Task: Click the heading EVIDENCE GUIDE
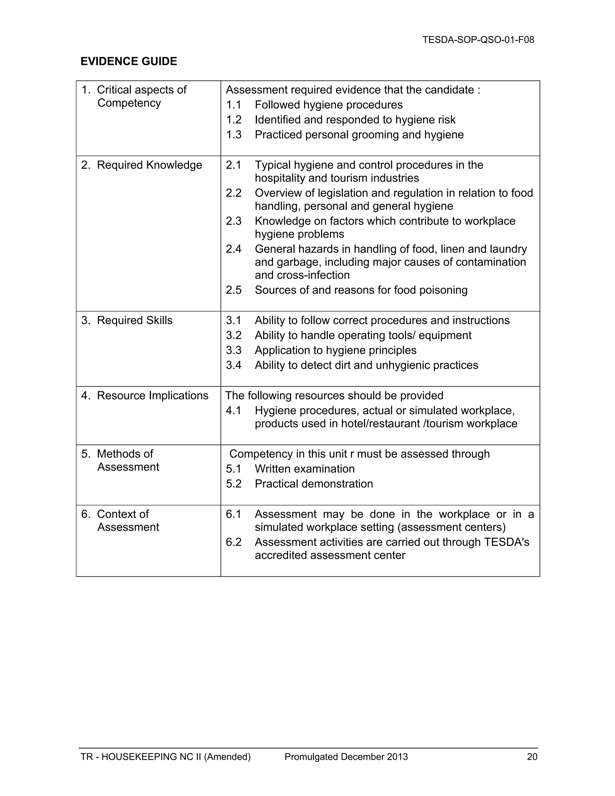tap(129, 61)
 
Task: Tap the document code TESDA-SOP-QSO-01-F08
tap(478, 40)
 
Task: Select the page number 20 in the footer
tap(532, 757)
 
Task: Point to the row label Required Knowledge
tap(149, 165)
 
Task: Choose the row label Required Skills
tap(135, 321)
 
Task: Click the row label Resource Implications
tap(152, 396)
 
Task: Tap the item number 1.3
tap(234, 135)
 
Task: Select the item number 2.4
tap(234, 249)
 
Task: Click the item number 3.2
tap(234, 335)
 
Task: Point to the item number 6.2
tap(234, 542)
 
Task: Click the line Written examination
tap(304, 469)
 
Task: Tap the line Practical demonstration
tap(314, 484)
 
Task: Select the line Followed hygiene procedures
tap(329, 105)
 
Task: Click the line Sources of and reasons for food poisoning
tap(361, 290)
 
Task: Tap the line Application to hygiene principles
tap(335, 350)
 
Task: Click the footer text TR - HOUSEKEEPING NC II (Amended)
tap(165, 757)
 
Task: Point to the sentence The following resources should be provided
tap(334, 396)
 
